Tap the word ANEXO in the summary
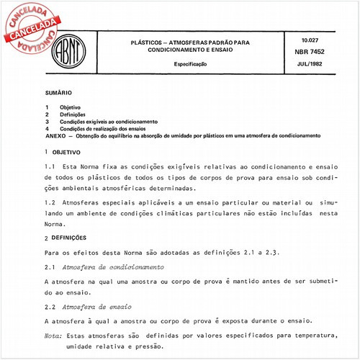coord(55,136)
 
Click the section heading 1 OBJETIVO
coord(64,153)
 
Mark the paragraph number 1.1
coord(51,167)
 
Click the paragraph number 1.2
coord(51,203)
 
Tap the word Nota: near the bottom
coord(53,336)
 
